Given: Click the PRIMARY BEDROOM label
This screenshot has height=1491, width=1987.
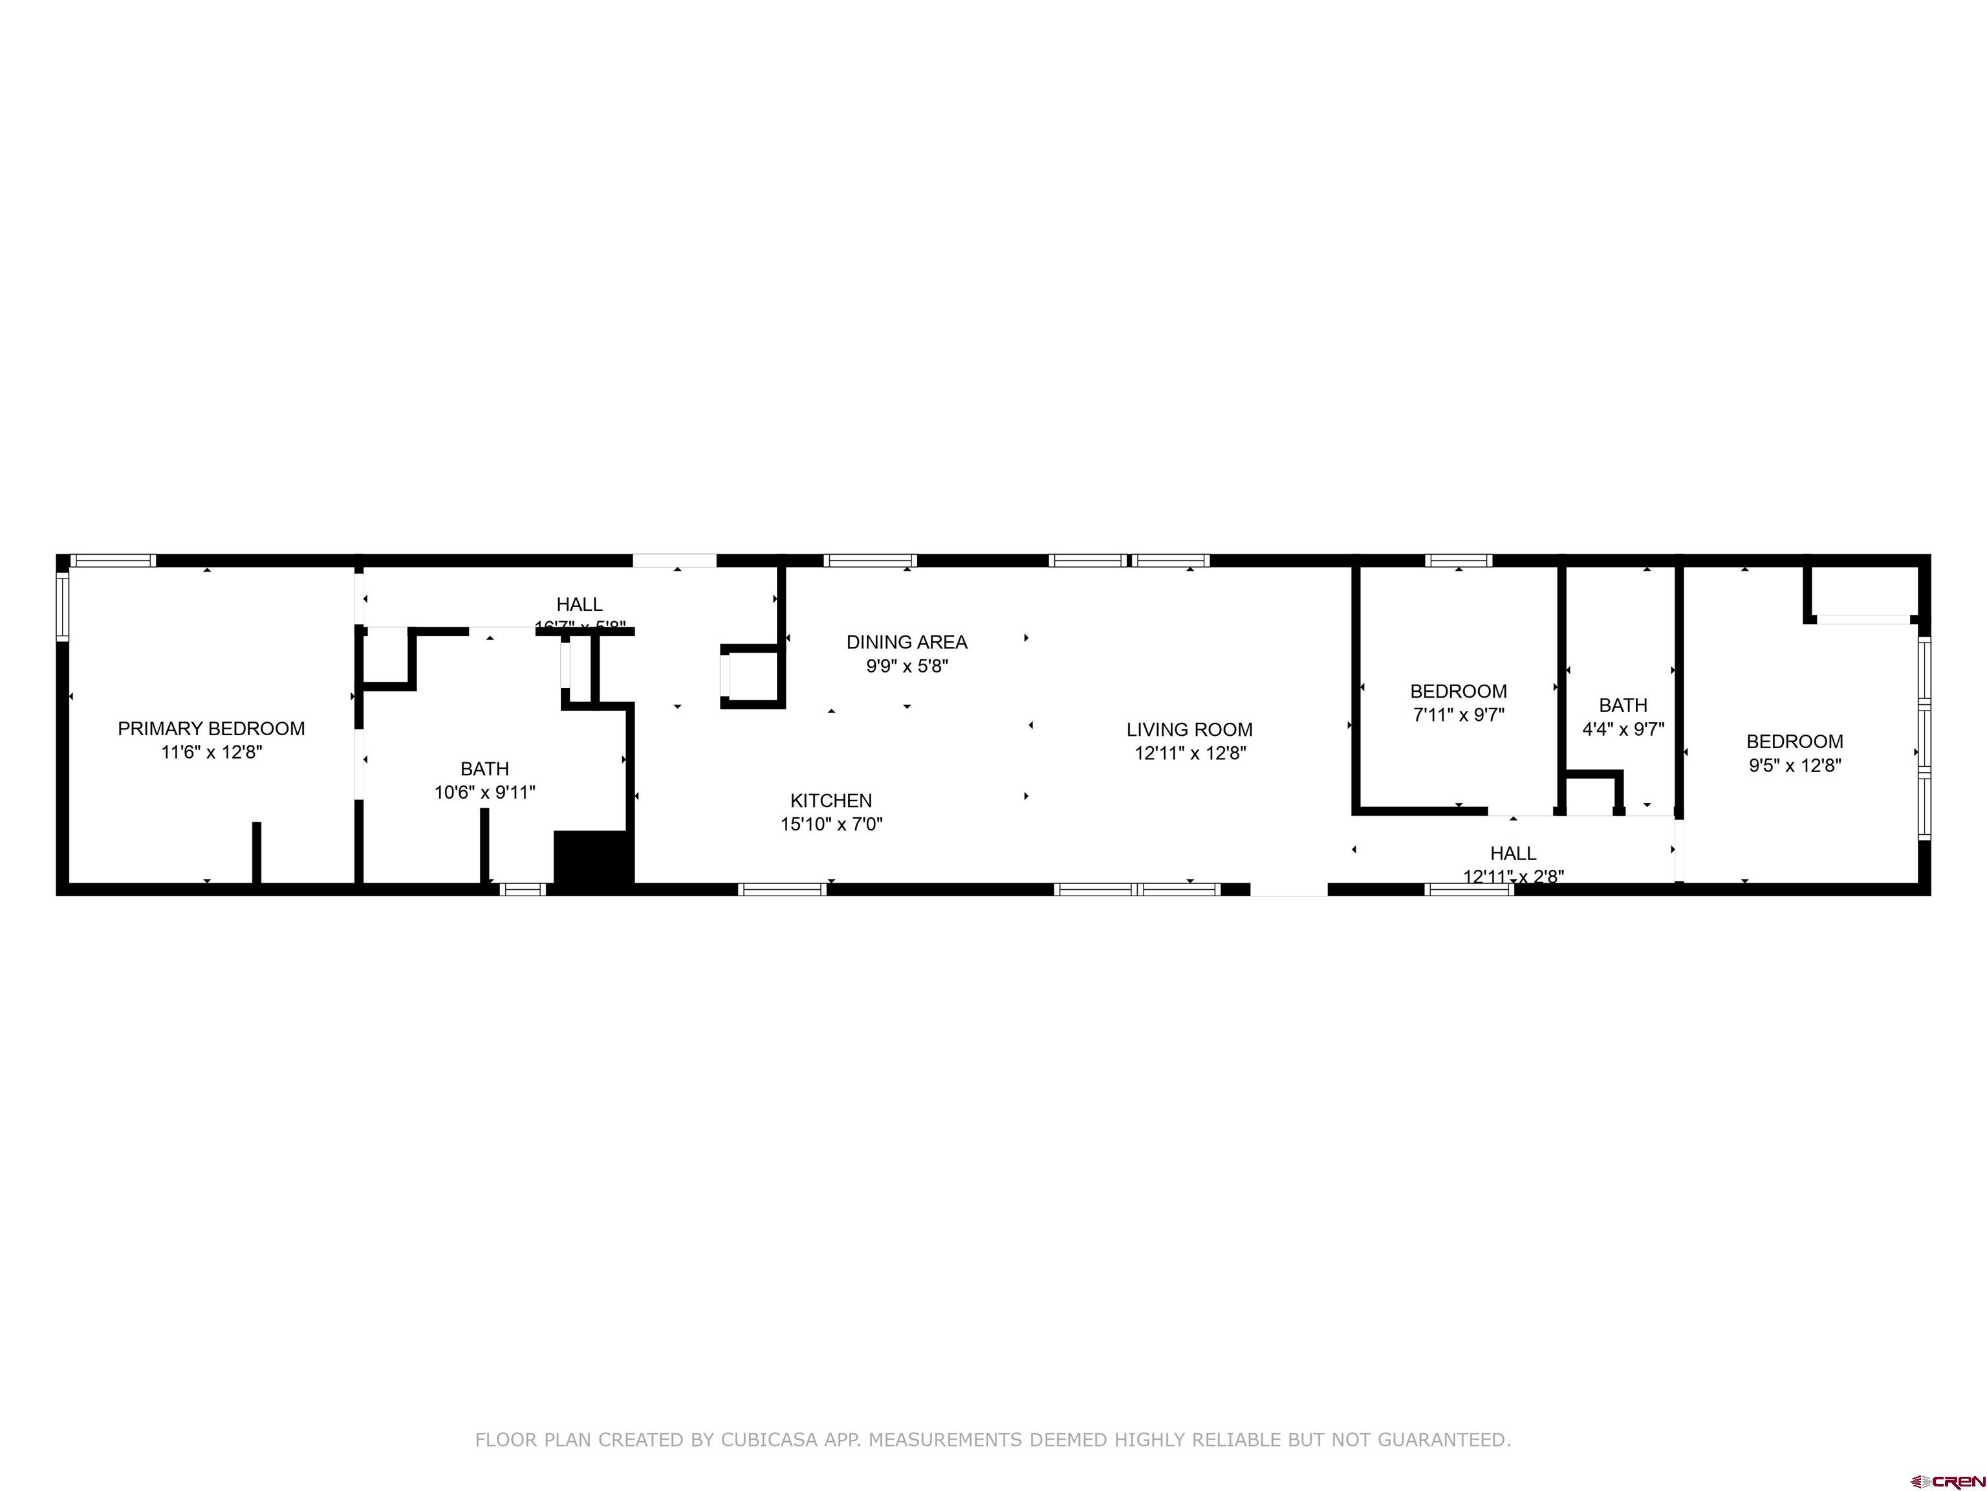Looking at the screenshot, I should pos(211,728).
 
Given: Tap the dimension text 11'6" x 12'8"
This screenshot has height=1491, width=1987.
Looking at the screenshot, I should pos(211,752).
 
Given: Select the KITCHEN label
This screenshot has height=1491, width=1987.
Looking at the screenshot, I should pos(831,800).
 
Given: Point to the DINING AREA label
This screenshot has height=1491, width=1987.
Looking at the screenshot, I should pos(906,642).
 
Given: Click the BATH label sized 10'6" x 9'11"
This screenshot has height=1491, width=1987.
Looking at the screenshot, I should pos(484,768).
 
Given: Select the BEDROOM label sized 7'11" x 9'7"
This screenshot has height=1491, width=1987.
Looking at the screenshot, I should pos(1458,691).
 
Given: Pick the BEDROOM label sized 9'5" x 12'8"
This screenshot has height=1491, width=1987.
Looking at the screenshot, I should pos(1794,742).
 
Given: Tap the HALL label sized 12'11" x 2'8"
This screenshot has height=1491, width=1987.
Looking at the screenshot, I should pos(1513,853).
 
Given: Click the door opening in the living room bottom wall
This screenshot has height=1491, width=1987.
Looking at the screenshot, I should pos(1288,890).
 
